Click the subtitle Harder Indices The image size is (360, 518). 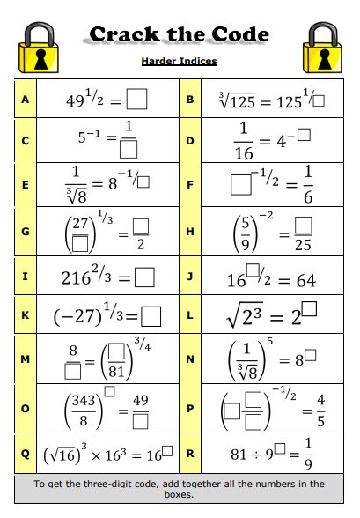179,62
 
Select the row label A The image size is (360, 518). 25,100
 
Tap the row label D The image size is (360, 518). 191,140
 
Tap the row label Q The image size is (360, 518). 25,455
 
